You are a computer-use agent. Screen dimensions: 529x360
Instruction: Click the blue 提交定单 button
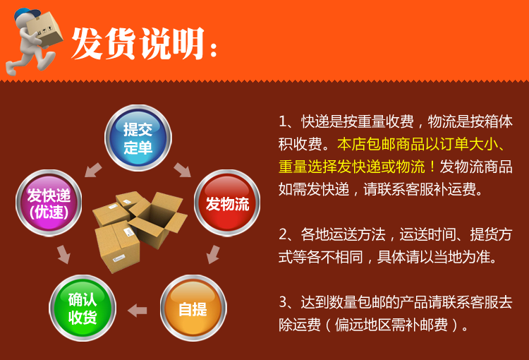click(x=138, y=138)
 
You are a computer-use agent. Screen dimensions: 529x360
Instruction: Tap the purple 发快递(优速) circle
click(x=49, y=203)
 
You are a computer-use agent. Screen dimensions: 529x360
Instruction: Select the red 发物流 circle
click(x=227, y=203)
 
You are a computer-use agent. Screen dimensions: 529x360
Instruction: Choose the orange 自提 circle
click(x=193, y=308)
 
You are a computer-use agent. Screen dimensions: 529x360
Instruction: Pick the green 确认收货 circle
click(x=83, y=308)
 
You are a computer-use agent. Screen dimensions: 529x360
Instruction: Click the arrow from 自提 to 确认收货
click(x=138, y=311)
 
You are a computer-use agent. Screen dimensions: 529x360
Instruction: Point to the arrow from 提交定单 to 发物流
click(x=183, y=170)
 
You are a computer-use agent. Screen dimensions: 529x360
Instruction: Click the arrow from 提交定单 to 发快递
click(x=93, y=170)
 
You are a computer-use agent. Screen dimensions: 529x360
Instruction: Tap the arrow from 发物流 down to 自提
click(x=213, y=254)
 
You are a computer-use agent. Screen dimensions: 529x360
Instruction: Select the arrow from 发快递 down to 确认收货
click(x=63, y=254)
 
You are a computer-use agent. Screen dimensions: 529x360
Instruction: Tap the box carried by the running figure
click(x=44, y=30)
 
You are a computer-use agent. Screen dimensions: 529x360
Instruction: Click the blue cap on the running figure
click(x=26, y=14)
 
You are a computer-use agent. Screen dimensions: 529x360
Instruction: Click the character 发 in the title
click(x=87, y=44)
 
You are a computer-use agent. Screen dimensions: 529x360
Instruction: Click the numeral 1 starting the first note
click(x=283, y=121)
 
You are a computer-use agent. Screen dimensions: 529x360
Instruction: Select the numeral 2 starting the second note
click(x=283, y=234)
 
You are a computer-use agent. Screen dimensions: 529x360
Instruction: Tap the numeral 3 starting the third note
click(x=283, y=302)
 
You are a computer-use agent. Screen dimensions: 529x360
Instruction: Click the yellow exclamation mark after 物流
click(x=432, y=167)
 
